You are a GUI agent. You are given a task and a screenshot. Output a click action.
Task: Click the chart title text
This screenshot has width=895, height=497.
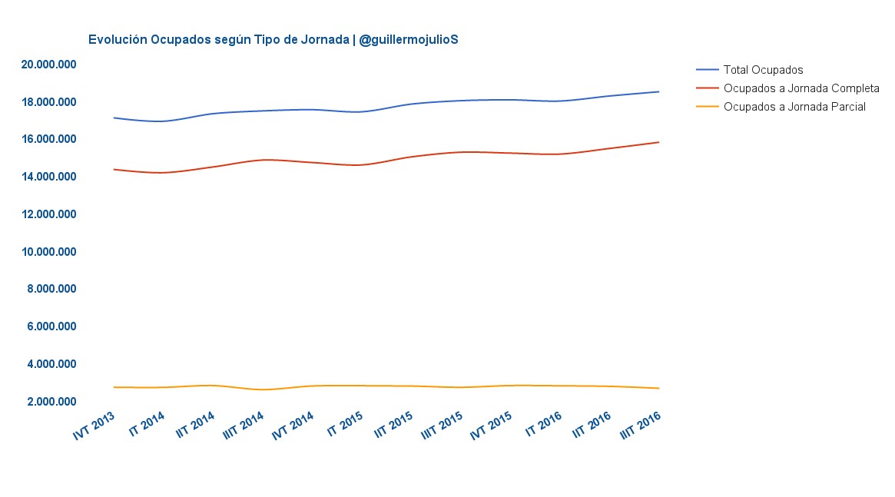pyautogui.click(x=273, y=39)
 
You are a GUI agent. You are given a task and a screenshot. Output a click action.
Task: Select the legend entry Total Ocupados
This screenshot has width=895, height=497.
pyautogui.click(x=763, y=70)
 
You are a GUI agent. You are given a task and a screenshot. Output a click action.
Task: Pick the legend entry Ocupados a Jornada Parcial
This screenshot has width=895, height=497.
pyautogui.click(x=794, y=107)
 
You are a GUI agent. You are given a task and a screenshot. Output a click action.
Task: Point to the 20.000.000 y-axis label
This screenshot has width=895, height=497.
pyautogui.click(x=49, y=65)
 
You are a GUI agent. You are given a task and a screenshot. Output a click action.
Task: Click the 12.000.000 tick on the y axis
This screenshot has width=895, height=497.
pyautogui.click(x=49, y=214)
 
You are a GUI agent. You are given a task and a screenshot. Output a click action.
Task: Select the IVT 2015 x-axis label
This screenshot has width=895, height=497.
pyautogui.click(x=491, y=426)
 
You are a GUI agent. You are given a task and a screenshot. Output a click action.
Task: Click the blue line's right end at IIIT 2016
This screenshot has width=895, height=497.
pyautogui.click(x=658, y=91)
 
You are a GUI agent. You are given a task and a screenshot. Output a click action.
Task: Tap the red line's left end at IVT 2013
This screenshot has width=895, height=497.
pyautogui.click(x=114, y=169)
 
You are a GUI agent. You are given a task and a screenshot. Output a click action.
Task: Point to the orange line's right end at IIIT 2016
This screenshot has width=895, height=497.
pyautogui.click(x=658, y=388)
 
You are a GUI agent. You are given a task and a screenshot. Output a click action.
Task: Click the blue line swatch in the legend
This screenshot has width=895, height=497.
pyautogui.click(x=706, y=70)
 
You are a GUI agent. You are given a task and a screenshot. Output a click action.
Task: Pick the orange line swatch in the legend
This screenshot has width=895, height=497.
pyautogui.click(x=706, y=107)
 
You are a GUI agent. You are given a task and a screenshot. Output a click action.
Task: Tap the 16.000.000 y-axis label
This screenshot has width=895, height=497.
pyautogui.click(x=49, y=139)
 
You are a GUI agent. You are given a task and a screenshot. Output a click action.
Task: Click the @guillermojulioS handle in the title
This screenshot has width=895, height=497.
pyautogui.click(x=408, y=39)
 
